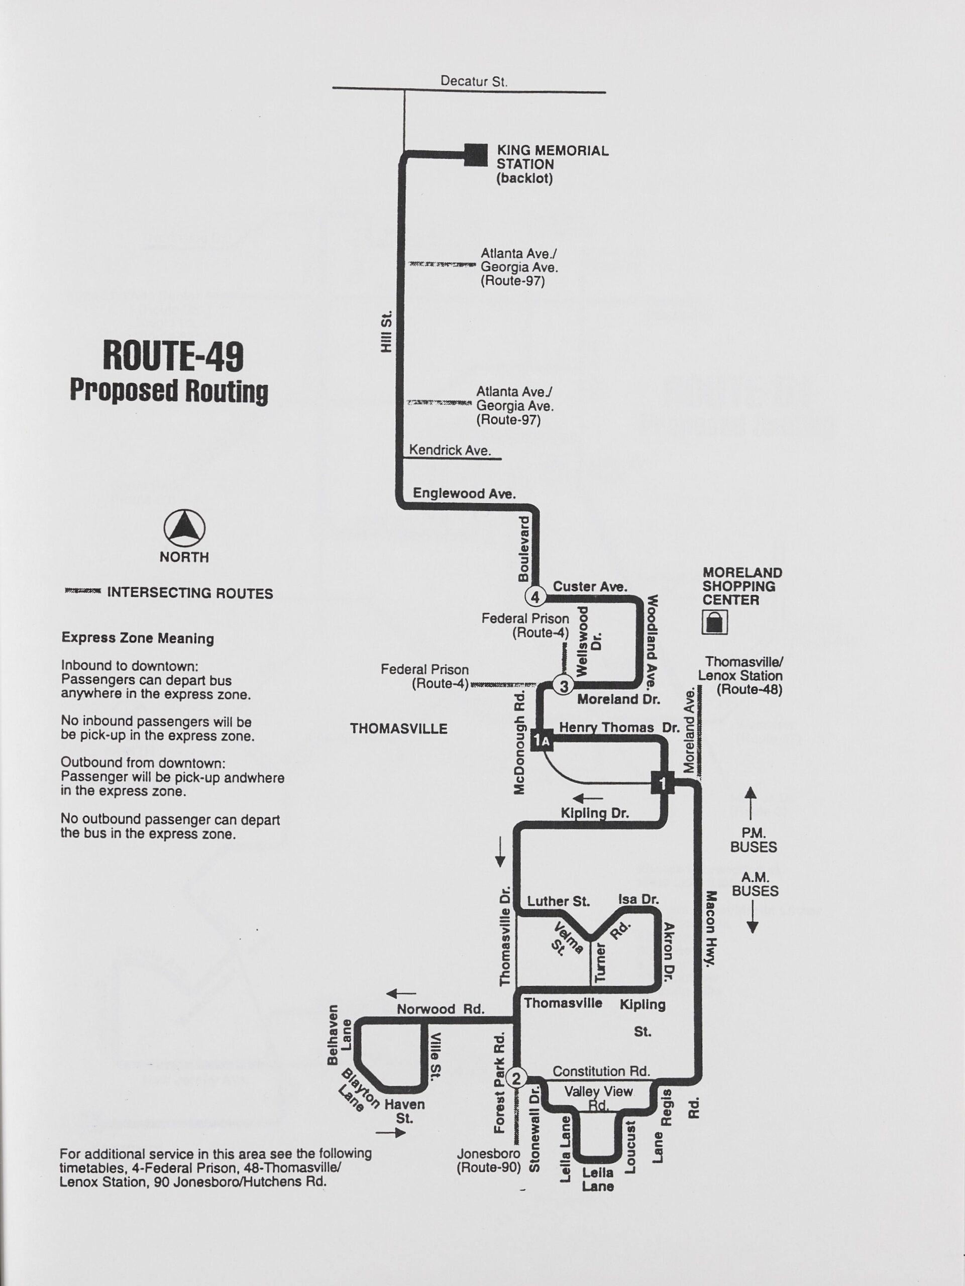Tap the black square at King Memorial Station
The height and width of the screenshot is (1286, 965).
pyautogui.click(x=476, y=155)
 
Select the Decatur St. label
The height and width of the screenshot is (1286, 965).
pyautogui.click(x=473, y=81)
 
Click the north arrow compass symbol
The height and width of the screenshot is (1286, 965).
pyautogui.click(x=184, y=528)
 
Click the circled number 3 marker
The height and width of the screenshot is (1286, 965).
pyautogui.click(x=563, y=686)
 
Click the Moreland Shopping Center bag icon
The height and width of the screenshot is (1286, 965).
pyautogui.click(x=714, y=622)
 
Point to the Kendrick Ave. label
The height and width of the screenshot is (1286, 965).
pyautogui.click(x=450, y=450)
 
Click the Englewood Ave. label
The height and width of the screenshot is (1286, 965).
pyautogui.click(x=464, y=494)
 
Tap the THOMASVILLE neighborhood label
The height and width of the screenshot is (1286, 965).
pyautogui.click(x=398, y=729)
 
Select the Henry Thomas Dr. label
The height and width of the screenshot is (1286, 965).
pyautogui.click(x=618, y=727)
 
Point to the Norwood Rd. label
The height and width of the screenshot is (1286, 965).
pyautogui.click(x=440, y=1009)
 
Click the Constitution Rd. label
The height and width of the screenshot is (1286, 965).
pyautogui.click(x=601, y=1071)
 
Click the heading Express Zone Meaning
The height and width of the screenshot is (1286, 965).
pyautogui.click(x=138, y=638)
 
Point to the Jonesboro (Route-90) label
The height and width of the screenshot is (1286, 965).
pyautogui.click(x=488, y=1160)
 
